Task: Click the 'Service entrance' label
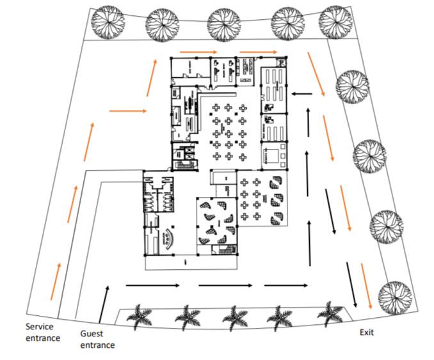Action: click(43, 332)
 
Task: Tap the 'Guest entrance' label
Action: click(97, 339)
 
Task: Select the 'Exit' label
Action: click(366, 333)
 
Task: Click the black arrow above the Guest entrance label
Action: click(104, 303)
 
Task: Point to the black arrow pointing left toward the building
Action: click(303, 94)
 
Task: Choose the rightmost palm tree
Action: click(331, 313)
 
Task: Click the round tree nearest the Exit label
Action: click(393, 296)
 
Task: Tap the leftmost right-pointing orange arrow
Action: click(128, 111)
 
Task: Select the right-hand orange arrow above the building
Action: click(258, 52)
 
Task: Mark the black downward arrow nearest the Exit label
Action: click(351, 283)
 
